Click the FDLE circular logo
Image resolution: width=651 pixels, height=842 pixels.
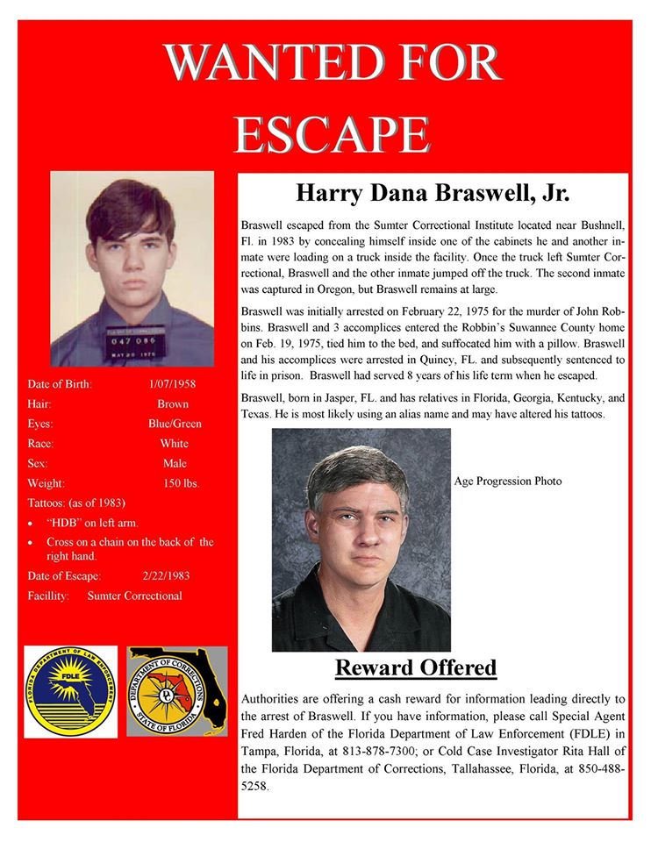tap(69, 690)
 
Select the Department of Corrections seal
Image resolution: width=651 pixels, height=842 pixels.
tap(176, 690)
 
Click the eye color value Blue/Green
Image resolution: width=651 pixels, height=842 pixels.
tap(175, 424)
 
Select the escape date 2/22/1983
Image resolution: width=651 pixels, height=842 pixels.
tap(165, 576)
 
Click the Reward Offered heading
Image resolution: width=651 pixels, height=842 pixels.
tap(416, 668)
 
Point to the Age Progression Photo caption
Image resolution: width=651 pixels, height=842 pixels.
tap(508, 482)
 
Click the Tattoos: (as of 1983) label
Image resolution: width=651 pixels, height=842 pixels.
tap(77, 503)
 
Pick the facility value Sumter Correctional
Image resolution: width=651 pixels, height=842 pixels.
tap(135, 596)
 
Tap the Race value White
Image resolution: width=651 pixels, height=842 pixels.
tap(174, 444)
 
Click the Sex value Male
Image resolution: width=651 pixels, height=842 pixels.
tap(175, 463)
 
